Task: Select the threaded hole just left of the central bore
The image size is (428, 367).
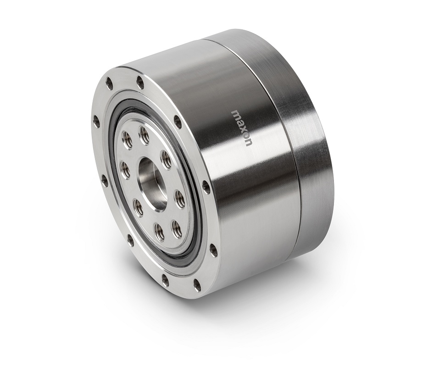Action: (x=125, y=169)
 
